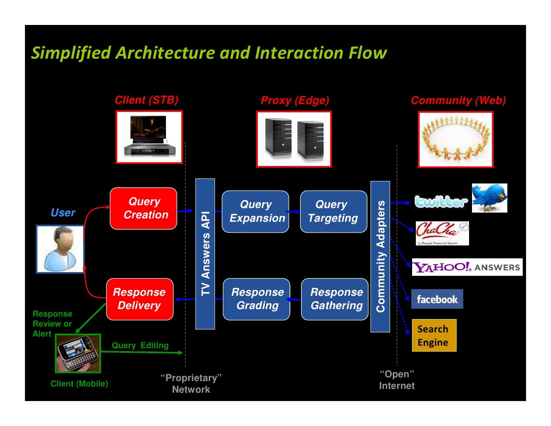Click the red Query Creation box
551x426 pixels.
pyautogui.click(x=143, y=208)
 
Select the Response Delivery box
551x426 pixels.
pyautogui.click(x=140, y=299)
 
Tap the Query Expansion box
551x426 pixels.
pyautogui.click(x=255, y=211)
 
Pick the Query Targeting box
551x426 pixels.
pyautogui.click(x=334, y=211)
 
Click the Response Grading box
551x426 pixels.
pyautogui.click(x=257, y=299)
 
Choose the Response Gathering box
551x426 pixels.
pyautogui.click(x=335, y=299)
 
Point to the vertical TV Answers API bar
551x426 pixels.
pyautogui.click(x=205, y=254)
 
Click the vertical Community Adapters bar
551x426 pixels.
pyautogui.click(x=380, y=256)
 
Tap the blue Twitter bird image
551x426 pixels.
pyautogui.click(x=489, y=198)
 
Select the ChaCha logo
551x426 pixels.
pyautogui.click(x=442, y=233)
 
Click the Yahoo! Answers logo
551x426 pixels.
pyautogui.click(x=467, y=267)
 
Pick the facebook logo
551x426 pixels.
pyautogui.click(x=437, y=299)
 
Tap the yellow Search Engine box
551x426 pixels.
pyautogui.click(x=434, y=335)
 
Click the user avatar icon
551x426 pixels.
pyautogui.click(x=60, y=249)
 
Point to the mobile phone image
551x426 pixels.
pyautogui.click(x=78, y=353)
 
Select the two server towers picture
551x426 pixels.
pyautogui.click(x=294, y=139)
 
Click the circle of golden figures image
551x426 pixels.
pyautogui.click(x=456, y=139)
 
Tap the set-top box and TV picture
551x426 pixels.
pyautogui.click(x=149, y=137)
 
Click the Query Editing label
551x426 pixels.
pyautogui.click(x=140, y=345)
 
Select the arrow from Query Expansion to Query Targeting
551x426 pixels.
pyautogui.click(x=294, y=211)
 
